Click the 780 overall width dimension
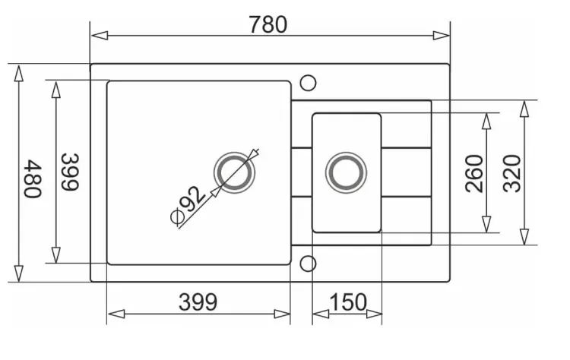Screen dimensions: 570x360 268,25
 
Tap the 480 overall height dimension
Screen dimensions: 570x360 33,178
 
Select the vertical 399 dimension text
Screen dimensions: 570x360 70,172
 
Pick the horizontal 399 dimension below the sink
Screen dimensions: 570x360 198,302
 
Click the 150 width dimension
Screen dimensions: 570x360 348,302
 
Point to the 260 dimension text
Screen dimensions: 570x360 474,173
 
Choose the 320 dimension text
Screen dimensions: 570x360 511,173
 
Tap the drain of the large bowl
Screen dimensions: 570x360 235,172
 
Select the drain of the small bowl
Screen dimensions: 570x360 346,172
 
